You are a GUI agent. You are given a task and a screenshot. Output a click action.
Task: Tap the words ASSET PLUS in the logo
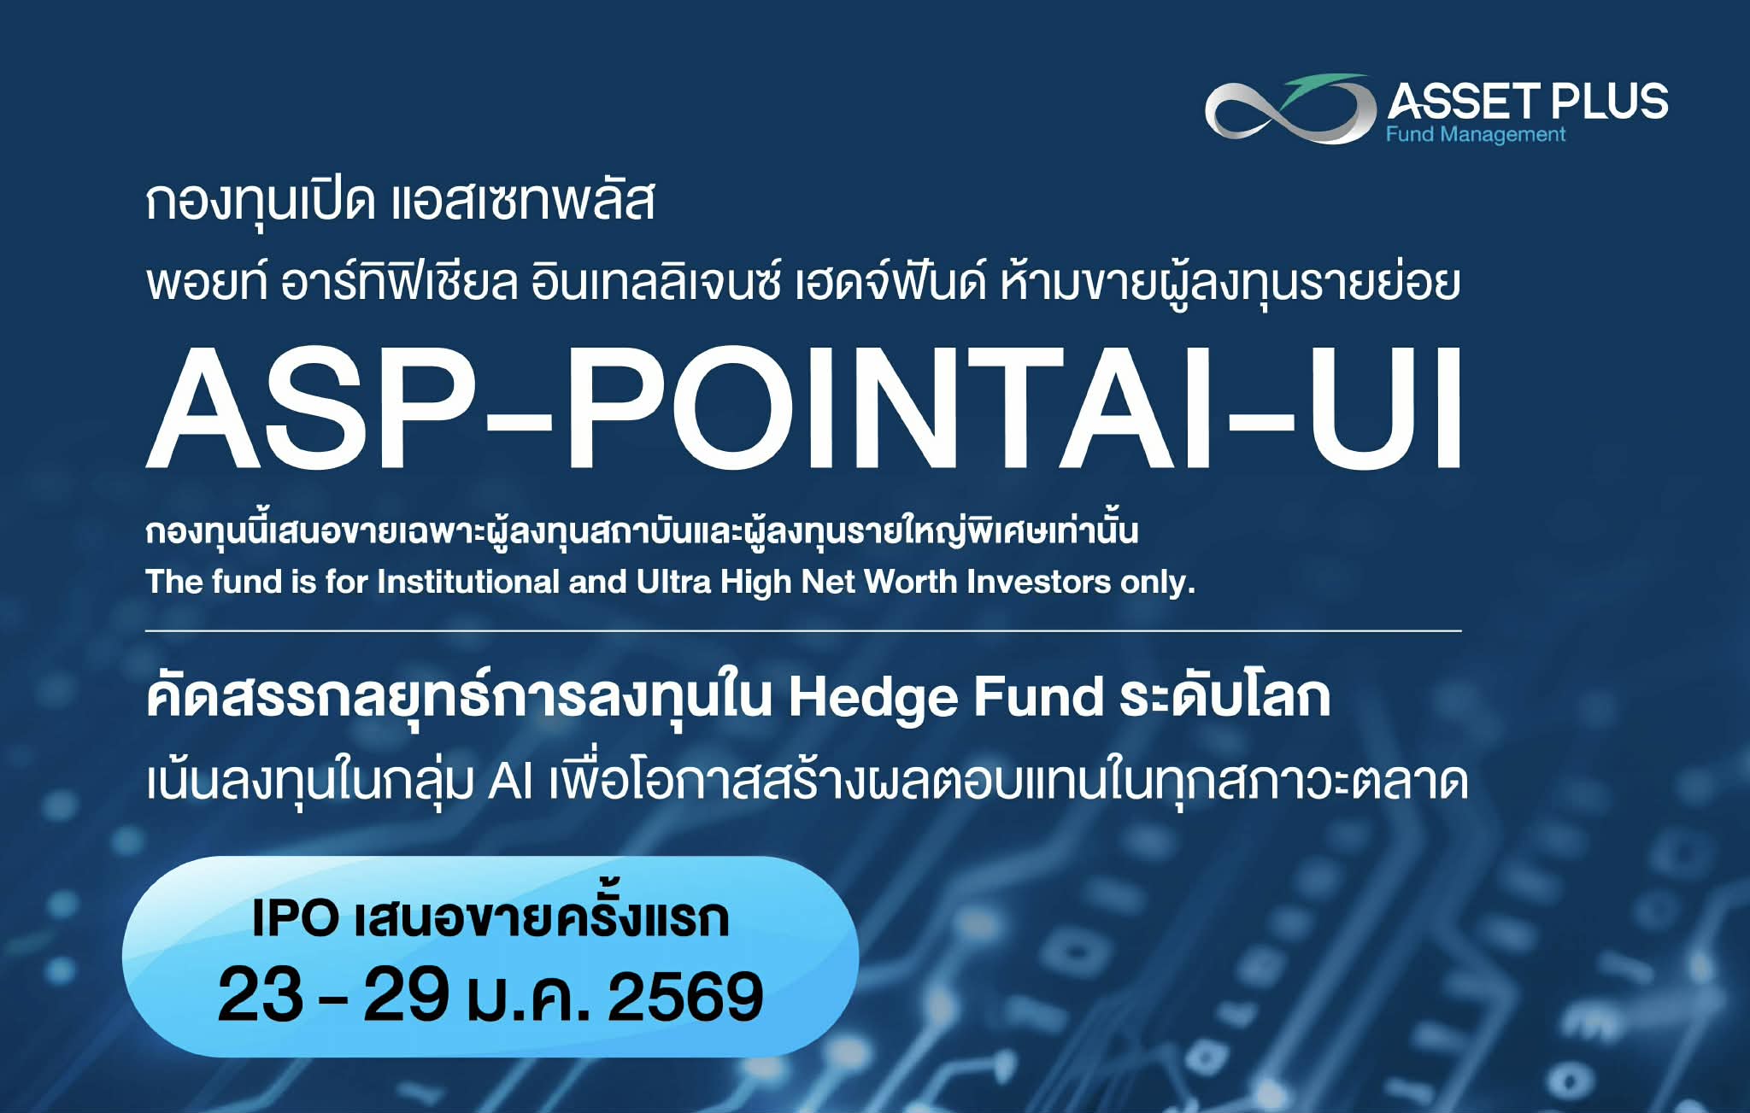pyautogui.click(x=1527, y=102)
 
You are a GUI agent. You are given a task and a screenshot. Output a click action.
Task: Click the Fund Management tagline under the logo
pyautogui.click(x=1475, y=135)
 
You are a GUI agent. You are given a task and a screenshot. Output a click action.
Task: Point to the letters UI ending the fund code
pyautogui.click(x=1384, y=410)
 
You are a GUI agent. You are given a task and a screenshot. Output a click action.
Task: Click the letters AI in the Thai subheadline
pyautogui.click(x=510, y=781)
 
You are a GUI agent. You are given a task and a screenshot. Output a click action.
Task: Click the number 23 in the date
pyautogui.click(x=261, y=995)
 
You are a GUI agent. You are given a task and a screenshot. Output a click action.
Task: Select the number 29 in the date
pyautogui.click(x=406, y=995)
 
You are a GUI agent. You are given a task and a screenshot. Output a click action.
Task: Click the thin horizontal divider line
pyautogui.click(x=803, y=631)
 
